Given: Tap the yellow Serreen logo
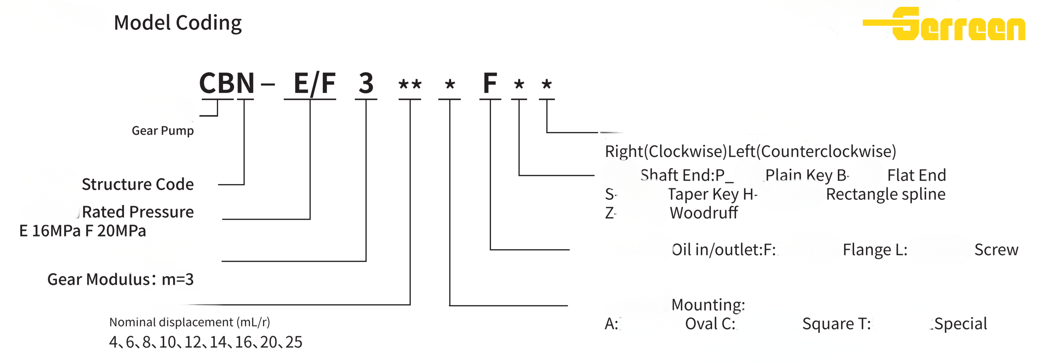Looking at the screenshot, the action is (x=944, y=24).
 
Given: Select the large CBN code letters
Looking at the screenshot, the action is (x=227, y=83).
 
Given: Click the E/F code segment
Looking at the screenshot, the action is (x=315, y=83).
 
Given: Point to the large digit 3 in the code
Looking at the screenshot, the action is (x=366, y=83).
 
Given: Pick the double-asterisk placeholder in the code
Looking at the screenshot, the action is (x=410, y=85).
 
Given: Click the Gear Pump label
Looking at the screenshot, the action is (x=163, y=130).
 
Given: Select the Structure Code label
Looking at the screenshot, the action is (x=138, y=184).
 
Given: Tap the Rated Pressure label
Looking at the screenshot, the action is (x=138, y=212).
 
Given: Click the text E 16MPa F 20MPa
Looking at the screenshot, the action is (x=83, y=231).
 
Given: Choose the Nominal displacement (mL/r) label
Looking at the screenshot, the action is (x=189, y=322).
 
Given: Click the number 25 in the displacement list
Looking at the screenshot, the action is (x=294, y=342).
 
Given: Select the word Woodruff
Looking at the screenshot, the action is (x=704, y=213).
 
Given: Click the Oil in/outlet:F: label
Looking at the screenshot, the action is (x=724, y=250).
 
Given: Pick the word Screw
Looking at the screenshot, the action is (x=996, y=250).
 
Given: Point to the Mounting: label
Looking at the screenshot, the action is (x=708, y=305).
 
